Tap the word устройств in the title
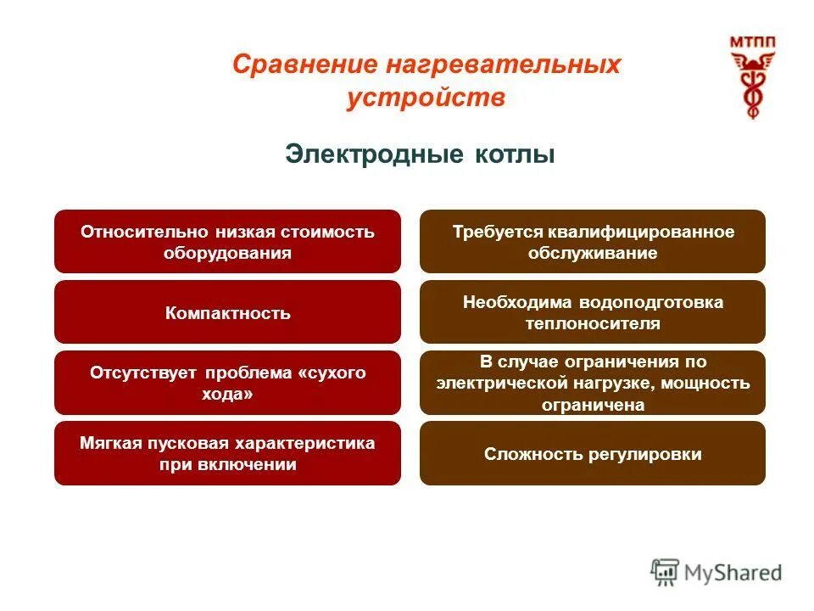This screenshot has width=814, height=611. click(426, 98)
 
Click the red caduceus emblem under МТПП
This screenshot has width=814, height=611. click(752, 86)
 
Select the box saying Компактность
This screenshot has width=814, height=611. click(227, 312)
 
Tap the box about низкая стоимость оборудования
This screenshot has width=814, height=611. click(227, 242)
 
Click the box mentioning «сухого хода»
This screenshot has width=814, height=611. click(227, 383)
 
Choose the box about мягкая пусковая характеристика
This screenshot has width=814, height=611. click(227, 453)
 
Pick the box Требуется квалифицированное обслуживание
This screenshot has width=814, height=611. click(592, 242)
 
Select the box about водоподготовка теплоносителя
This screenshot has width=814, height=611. click(592, 312)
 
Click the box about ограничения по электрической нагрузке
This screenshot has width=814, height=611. click(592, 383)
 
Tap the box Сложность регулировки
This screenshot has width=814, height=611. click(592, 454)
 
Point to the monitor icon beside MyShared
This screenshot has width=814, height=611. click(666, 572)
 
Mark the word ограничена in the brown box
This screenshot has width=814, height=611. click(593, 405)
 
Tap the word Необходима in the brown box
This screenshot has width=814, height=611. click(518, 302)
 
